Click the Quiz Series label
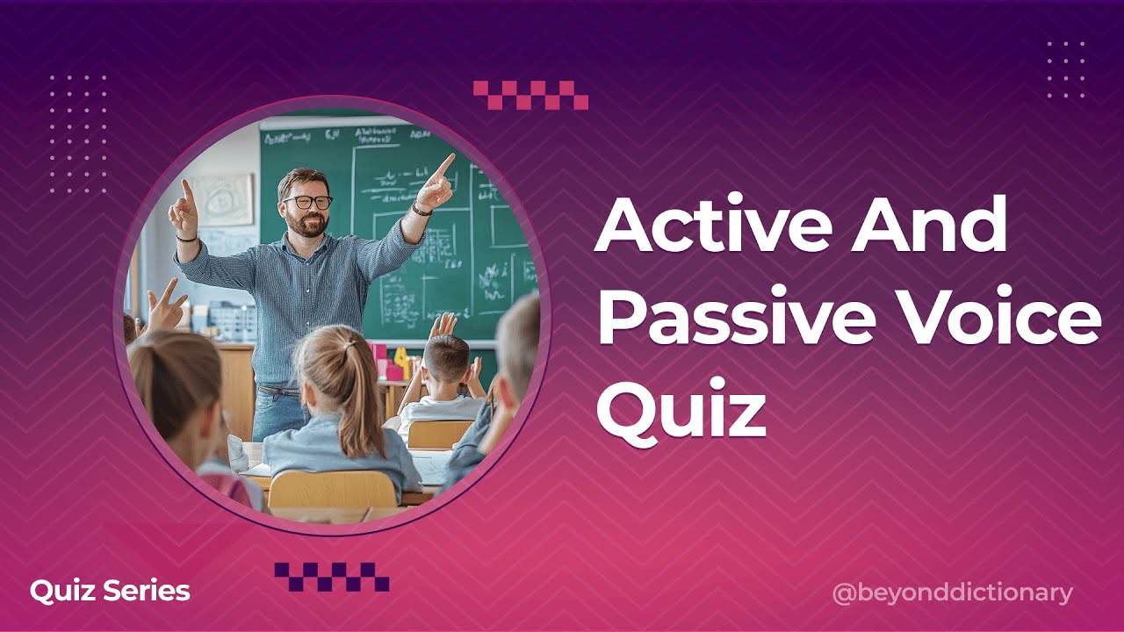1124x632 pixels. (x=110, y=591)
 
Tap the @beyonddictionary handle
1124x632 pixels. (x=952, y=593)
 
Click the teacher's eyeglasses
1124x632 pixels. (x=307, y=202)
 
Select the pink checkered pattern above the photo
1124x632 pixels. (x=530, y=95)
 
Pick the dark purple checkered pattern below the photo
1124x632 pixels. (x=332, y=577)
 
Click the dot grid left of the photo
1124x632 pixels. (x=78, y=133)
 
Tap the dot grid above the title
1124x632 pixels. (x=1066, y=69)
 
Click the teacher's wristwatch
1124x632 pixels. (x=422, y=210)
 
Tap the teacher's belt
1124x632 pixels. (x=279, y=391)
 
